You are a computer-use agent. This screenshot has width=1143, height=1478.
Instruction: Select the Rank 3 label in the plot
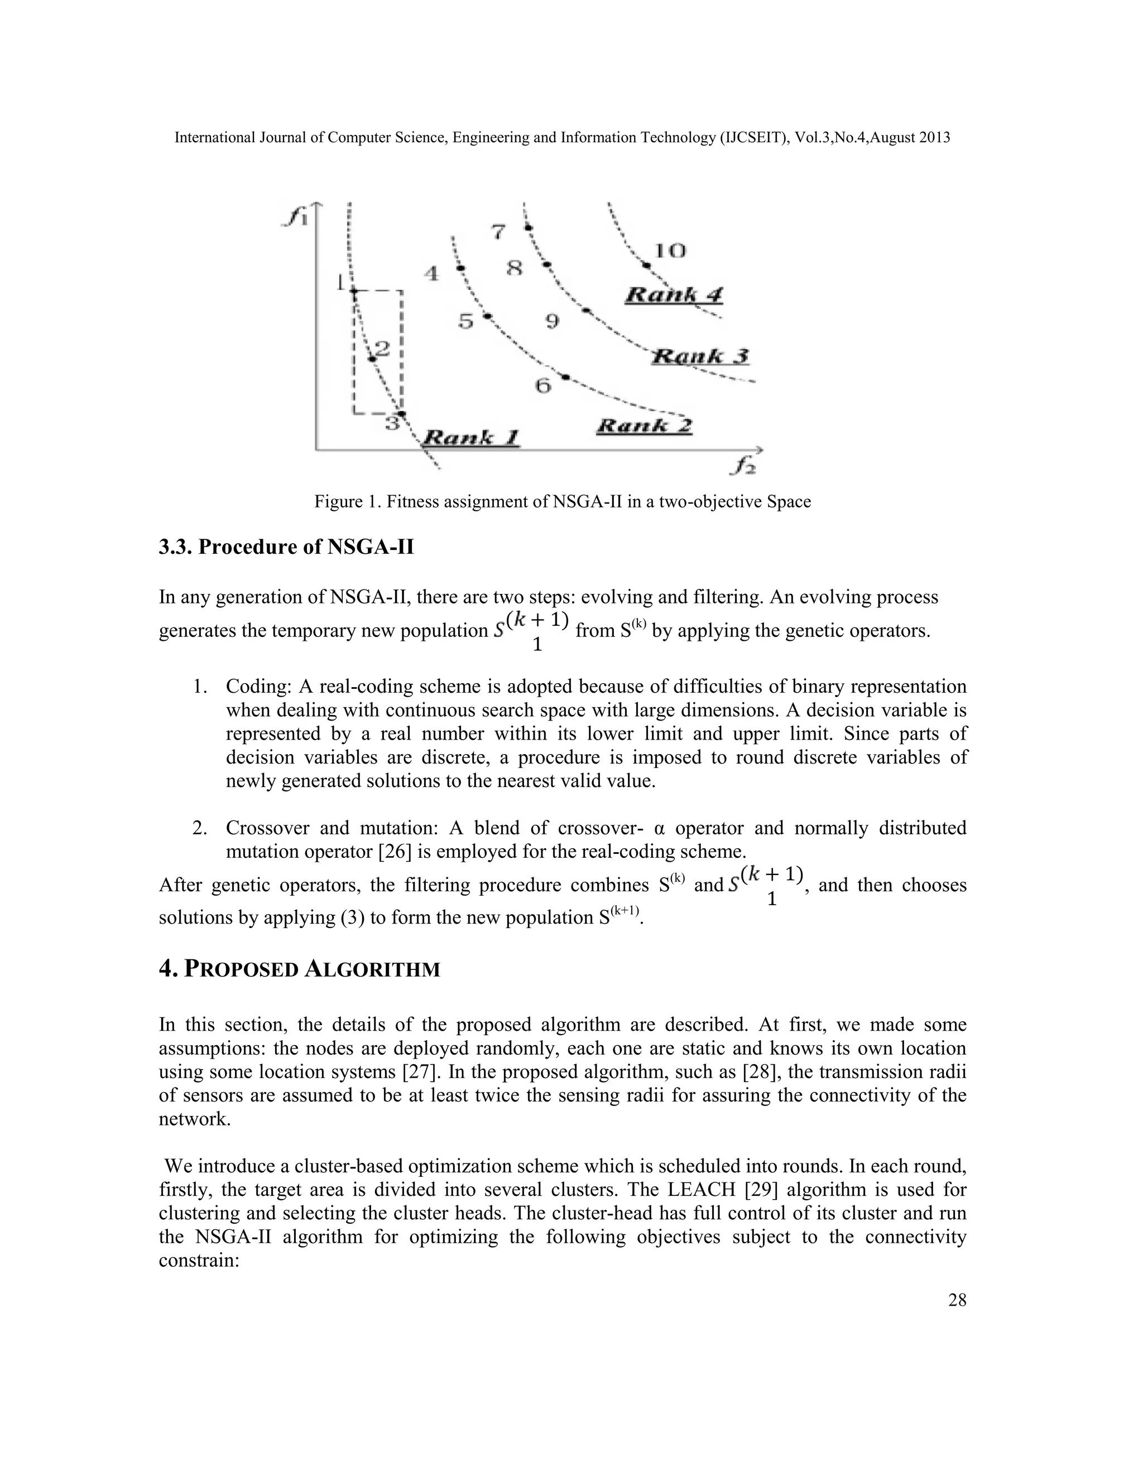[701, 356]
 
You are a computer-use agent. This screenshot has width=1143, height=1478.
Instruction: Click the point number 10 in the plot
[670, 251]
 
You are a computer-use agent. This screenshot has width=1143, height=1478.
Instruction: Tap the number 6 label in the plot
[544, 387]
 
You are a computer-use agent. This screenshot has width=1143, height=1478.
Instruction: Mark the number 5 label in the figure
[465, 321]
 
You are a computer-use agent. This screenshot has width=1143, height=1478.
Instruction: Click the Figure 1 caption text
[562, 501]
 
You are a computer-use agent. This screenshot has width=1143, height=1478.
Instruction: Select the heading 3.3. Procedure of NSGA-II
[286, 546]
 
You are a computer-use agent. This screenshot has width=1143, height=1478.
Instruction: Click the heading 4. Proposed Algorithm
[299, 969]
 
